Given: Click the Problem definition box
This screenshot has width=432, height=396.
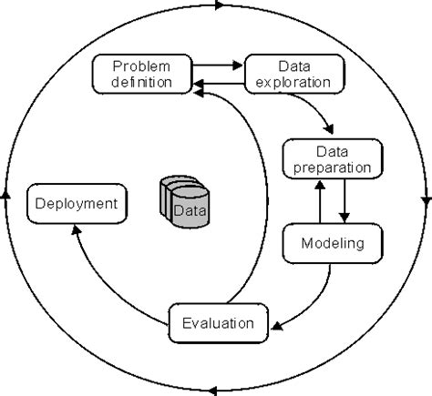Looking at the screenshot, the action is pos(142,74).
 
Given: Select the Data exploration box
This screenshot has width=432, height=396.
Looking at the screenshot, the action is pos(294,74).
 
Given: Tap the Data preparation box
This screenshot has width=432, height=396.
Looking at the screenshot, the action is pos(333,159).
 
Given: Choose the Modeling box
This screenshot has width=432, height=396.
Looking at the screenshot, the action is pos(333,243).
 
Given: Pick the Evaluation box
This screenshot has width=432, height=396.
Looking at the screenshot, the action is pos(219,323).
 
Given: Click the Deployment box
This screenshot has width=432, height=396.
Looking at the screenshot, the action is pos(77,204).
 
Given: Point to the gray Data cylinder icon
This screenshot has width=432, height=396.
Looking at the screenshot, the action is pos(185,201).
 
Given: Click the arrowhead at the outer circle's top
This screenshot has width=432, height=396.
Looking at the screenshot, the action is pos(220,5).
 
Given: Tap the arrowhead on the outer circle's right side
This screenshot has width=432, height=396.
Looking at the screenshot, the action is pos(427,202).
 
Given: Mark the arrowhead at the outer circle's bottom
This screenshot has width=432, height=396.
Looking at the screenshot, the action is pos(213,391).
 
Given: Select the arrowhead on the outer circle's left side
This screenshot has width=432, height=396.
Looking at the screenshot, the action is pos(5,195).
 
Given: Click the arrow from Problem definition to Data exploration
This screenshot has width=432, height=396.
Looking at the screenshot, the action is pos(218,66).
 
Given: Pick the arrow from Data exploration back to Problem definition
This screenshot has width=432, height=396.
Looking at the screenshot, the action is pos(219,83).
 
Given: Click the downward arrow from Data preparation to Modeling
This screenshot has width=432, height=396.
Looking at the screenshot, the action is pos(345,201).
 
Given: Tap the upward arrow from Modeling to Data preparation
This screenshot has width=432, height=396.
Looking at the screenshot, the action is pos(320,201).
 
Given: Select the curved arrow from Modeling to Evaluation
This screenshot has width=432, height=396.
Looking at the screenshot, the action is pos(316,303).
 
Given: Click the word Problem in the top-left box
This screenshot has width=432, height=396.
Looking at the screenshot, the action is pos(141,66).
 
